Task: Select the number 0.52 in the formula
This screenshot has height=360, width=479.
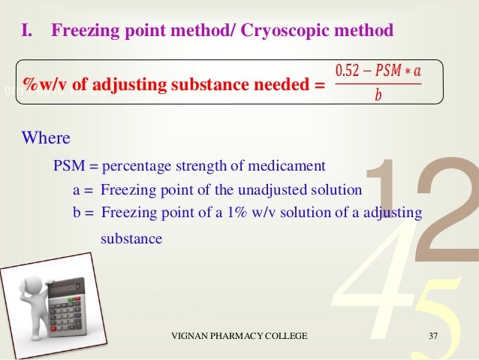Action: tap(347, 71)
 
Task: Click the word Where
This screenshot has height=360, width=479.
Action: tap(47, 138)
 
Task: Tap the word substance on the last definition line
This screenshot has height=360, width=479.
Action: tap(131, 240)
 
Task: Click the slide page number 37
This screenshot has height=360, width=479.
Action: tap(432, 335)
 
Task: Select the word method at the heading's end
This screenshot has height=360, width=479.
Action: tap(367, 32)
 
